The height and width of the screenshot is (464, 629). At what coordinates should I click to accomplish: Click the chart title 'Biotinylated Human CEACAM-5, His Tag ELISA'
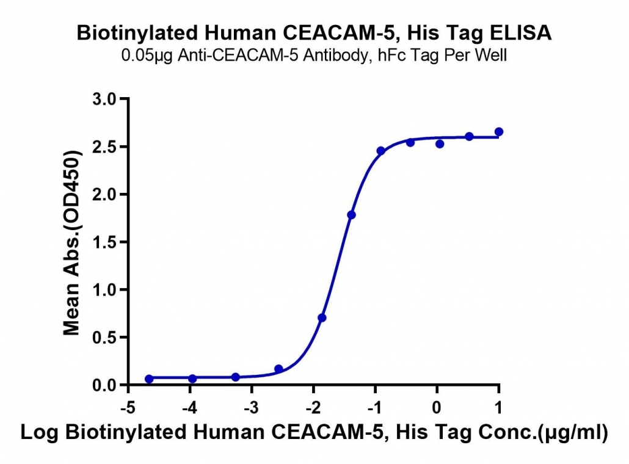(x=314, y=33)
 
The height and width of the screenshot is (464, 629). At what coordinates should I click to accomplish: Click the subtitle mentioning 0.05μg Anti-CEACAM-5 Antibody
(x=314, y=55)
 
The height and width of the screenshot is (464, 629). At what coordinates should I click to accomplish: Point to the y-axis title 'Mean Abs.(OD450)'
(x=72, y=243)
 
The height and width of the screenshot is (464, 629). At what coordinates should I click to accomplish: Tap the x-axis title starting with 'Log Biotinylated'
(x=314, y=432)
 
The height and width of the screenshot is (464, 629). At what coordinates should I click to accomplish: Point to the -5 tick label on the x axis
(x=128, y=408)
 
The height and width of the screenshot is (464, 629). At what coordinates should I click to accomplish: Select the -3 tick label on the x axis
(x=251, y=408)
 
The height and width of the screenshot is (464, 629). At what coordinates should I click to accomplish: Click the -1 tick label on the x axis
(x=374, y=408)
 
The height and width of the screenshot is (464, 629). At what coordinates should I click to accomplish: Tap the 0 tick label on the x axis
(x=437, y=408)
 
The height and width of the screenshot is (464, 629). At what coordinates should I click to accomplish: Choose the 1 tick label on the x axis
(x=498, y=408)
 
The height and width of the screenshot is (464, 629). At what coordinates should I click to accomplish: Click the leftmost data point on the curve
(x=149, y=379)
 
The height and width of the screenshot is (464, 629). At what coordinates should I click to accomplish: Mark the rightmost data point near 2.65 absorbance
(x=499, y=131)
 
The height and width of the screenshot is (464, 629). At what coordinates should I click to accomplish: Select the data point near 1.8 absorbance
(x=351, y=215)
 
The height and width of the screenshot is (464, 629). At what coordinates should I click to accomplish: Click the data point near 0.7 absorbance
(x=322, y=318)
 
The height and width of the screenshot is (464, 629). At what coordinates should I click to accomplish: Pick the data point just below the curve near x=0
(x=440, y=143)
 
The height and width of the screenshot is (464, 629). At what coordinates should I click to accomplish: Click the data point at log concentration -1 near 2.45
(x=380, y=151)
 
